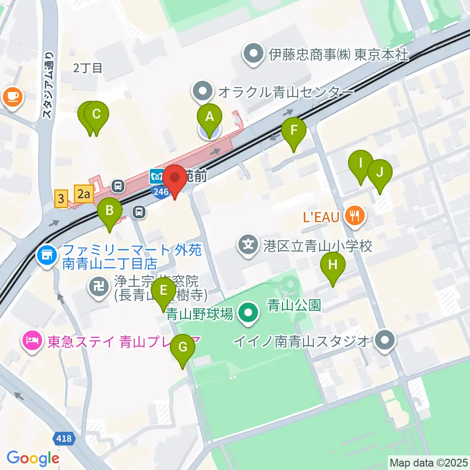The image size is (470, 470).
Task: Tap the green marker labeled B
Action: point(110,212)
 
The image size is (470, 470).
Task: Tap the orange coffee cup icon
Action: point(13,96)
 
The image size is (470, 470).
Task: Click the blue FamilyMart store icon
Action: point(47,255)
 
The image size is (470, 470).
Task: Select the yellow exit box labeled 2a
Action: point(84,194)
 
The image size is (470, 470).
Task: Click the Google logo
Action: point(33,458)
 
